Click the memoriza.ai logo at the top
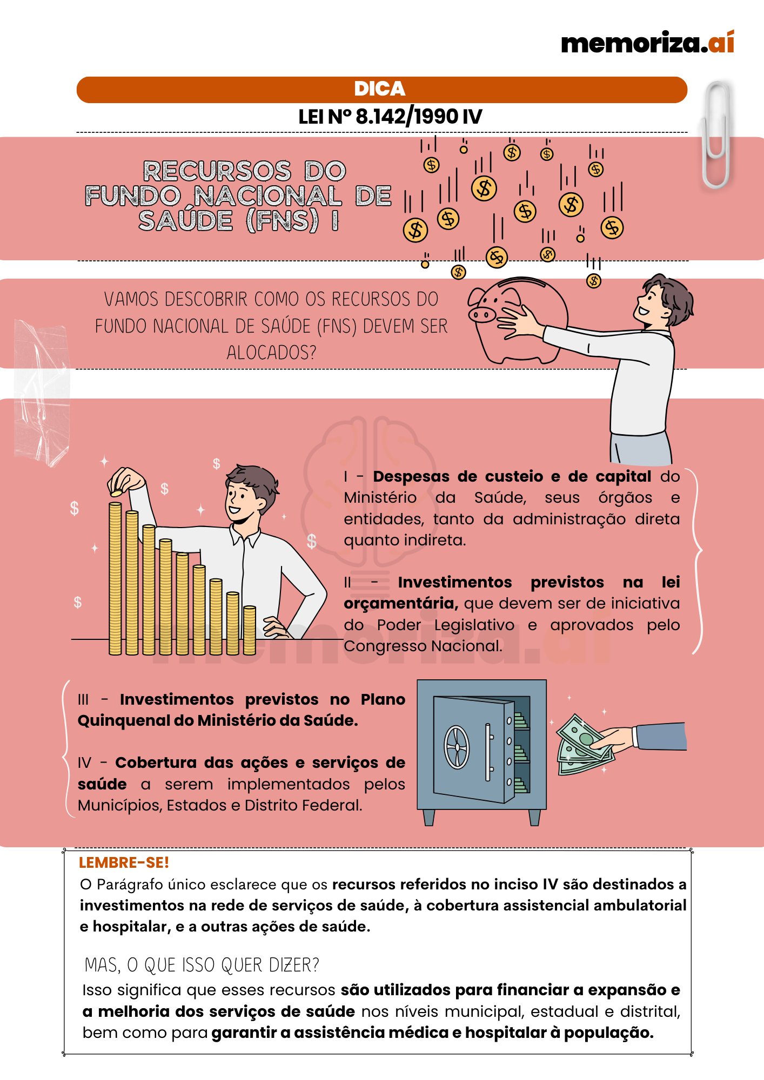pos(647,43)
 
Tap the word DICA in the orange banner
pos(380,89)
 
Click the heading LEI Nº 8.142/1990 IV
pos(390,117)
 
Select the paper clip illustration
pos(716,135)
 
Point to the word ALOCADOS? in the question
pos(271,353)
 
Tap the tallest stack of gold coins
pos(115,578)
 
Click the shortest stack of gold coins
pos(250,630)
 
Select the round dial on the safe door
pos(457,747)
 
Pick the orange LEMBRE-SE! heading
pos(124,863)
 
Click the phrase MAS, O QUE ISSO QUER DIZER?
pos(202,965)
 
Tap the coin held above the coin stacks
pos(116,493)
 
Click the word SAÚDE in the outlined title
pos(186,221)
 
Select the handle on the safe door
pos(488,752)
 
